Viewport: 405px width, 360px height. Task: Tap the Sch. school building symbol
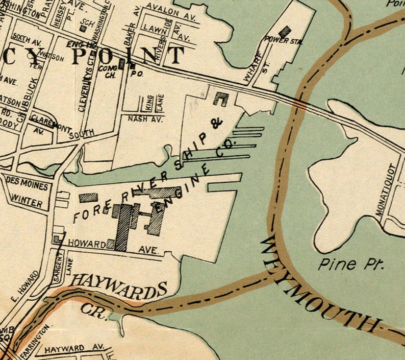[83, 29]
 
